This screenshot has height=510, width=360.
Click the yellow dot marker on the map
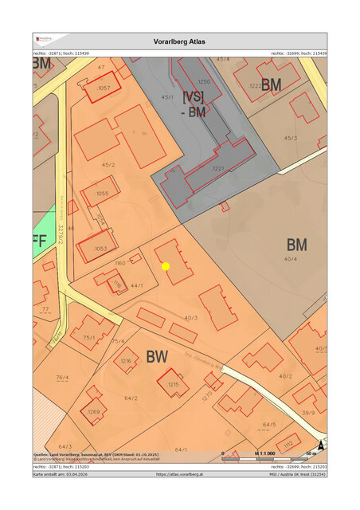click(x=166, y=266)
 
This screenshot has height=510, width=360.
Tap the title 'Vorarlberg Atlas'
click(x=179, y=41)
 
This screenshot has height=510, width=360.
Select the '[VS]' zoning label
click(x=194, y=96)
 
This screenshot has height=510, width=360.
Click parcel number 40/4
click(x=290, y=259)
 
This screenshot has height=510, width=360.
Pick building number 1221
click(x=218, y=169)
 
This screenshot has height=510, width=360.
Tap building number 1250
click(x=204, y=82)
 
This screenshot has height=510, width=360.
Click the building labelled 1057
click(x=104, y=88)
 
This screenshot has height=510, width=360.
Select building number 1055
click(x=102, y=194)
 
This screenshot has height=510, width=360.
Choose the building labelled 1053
click(x=100, y=249)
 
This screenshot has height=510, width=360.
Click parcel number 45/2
click(x=108, y=165)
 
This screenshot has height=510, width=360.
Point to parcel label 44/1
click(x=136, y=284)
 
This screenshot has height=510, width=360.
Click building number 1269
click(x=94, y=411)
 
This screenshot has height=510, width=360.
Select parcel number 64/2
click(x=131, y=398)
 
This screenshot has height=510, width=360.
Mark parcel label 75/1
click(x=88, y=338)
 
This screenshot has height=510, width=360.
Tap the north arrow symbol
click(x=321, y=446)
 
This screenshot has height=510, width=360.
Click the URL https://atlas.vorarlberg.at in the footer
click(x=179, y=474)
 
